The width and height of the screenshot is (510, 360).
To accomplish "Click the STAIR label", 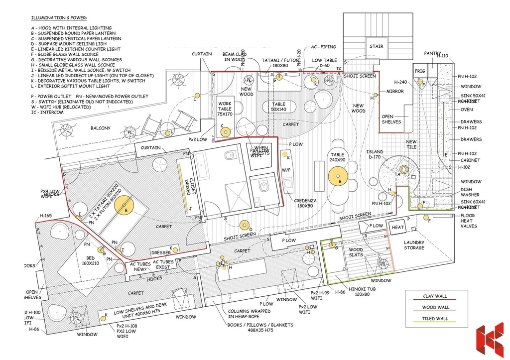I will [x=376, y=46].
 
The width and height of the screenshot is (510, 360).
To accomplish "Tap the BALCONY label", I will [x=100, y=128].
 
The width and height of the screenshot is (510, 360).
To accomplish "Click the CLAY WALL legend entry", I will [x=435, y=296].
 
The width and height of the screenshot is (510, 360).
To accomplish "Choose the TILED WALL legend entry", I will [x=435, y=319].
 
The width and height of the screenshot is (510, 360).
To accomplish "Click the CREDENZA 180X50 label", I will [x=306, y=202].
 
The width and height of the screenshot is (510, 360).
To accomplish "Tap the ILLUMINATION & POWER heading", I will [x=59, y=18].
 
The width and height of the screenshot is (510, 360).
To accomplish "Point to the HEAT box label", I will [x=398, y=228].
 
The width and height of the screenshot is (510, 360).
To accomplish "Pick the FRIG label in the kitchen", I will [x=420, y=71].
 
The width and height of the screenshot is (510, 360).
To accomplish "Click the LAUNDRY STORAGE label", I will [x=414, y=245].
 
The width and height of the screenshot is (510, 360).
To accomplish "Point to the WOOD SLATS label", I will [x=356, y=253].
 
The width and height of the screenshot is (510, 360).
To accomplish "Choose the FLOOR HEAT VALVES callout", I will [x=469, y=221].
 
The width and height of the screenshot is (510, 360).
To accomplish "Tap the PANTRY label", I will [x=432, y=53].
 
